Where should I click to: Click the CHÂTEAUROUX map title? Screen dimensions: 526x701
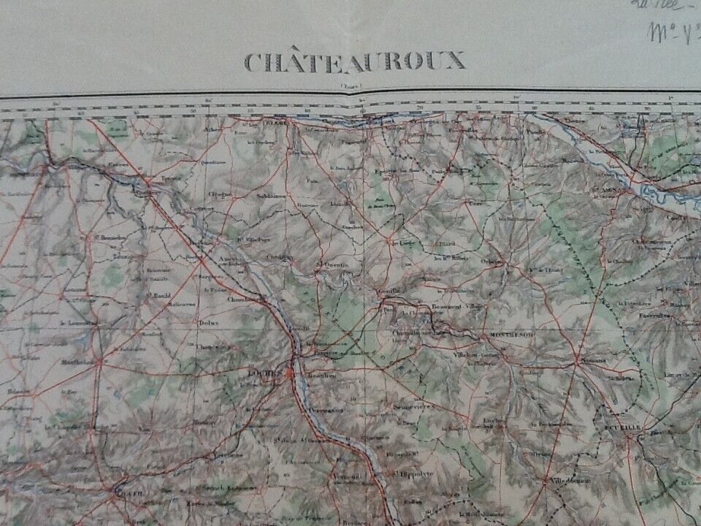(x=354, y=61)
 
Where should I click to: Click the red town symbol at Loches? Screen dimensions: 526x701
(x=291, y=375)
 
